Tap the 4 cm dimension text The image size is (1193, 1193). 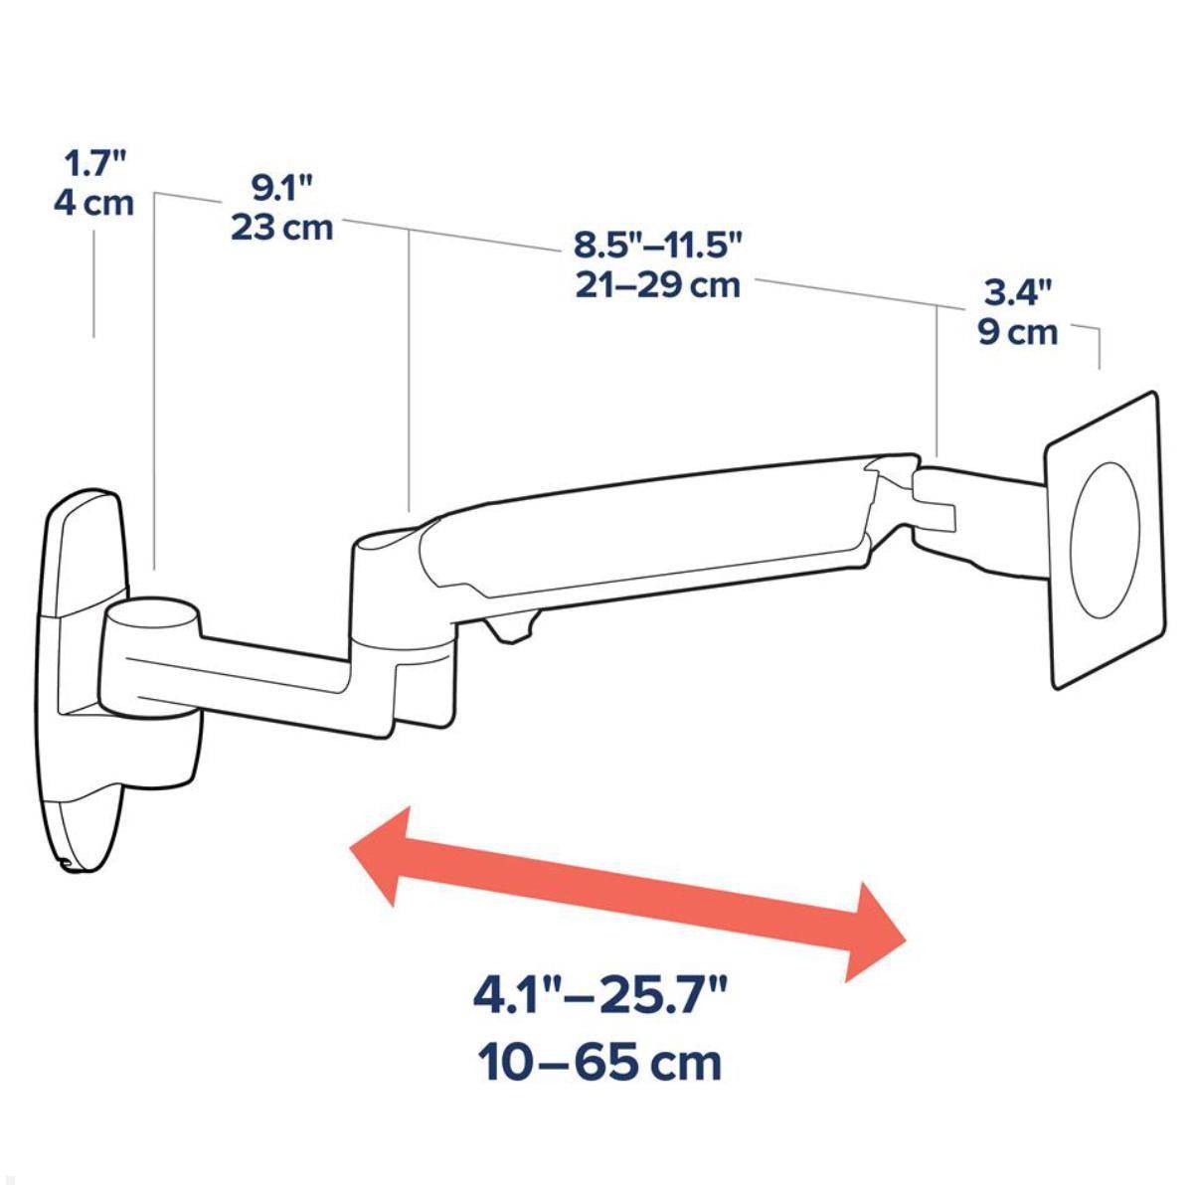(92, 204)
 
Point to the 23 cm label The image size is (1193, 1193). (281, 228)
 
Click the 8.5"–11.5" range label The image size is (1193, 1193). (657, 244)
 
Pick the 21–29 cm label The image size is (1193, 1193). (657, 285)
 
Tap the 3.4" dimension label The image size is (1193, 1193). (1017, 291)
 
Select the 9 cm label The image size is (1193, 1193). (1017, 332)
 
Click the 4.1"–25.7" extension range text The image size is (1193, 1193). (600, 995)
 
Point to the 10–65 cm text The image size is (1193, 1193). (600, 1063)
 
